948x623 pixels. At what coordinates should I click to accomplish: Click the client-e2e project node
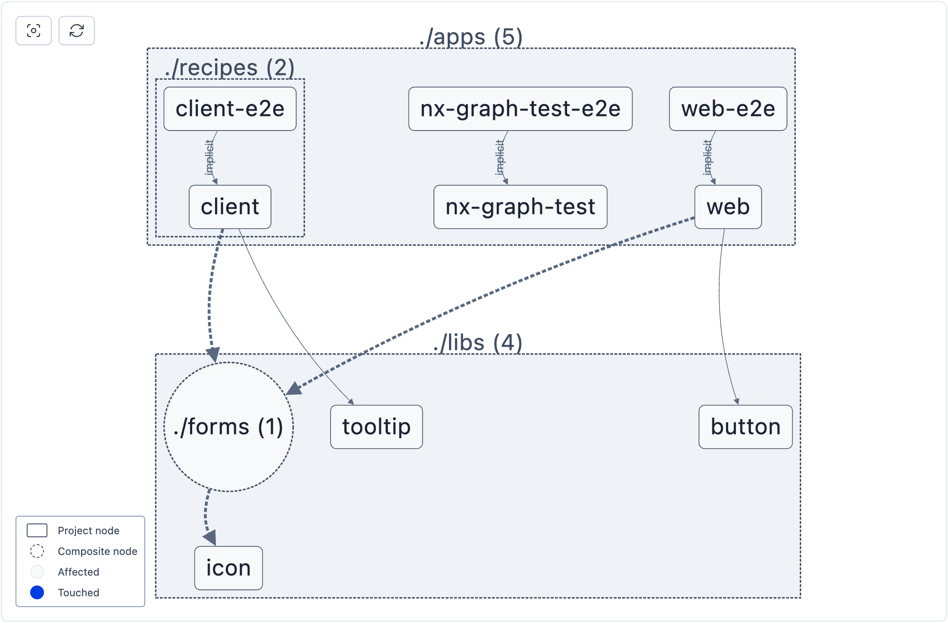coord(230,109)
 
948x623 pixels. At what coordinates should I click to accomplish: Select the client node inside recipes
coord(230,207)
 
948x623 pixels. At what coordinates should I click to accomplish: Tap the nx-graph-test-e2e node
coord(520,109)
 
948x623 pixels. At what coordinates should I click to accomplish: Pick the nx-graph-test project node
coord(520,207)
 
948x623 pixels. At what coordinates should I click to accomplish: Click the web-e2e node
coord(728,109)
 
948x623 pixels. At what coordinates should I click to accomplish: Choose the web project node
coord(728,207)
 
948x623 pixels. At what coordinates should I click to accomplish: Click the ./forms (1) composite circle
coord(228,427)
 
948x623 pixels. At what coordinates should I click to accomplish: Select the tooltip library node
coord(376,427)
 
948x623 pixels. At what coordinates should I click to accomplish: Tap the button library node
coord(745,427)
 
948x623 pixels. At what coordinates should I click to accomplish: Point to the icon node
coord(228,568)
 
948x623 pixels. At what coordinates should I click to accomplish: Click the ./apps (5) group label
coord(471,37)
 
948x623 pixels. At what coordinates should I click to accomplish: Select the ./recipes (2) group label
coord(230,68)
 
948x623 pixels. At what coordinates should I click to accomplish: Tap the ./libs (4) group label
coord(477,343)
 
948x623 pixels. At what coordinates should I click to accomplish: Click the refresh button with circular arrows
coord(77,31)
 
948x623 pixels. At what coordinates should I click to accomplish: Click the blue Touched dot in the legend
coord(37,592)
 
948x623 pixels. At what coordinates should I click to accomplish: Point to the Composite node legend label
coord(97,551)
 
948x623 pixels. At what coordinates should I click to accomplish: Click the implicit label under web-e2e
coord(707,157)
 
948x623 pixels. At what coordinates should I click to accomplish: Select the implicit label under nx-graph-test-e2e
coord(499,157)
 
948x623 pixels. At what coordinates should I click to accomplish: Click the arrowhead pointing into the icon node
coord(210,538)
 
